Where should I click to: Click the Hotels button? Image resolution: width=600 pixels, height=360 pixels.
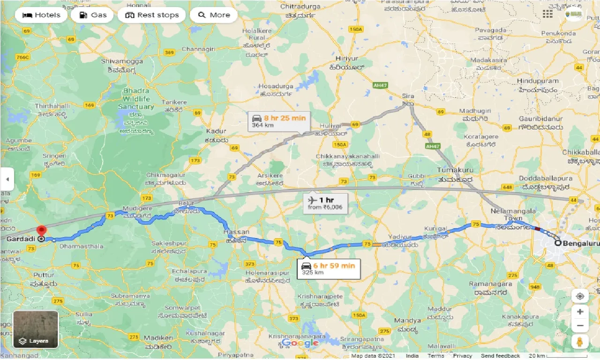[41, 15]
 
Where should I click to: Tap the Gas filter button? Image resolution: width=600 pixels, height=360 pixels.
[94, 15]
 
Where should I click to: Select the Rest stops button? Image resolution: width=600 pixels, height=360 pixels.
[151, 15]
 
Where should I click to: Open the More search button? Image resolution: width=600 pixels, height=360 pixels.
[214, 15]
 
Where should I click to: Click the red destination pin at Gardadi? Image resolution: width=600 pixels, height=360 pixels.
[42, 232]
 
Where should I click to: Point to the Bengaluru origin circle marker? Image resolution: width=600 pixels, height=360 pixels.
[558, 243]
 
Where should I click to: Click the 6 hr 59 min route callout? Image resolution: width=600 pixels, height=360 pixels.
[329, 269]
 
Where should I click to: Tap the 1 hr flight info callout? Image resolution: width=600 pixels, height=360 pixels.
[325, 203]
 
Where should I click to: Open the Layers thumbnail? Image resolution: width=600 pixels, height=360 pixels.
[36, 329]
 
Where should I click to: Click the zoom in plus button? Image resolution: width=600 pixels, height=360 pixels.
[580, 312]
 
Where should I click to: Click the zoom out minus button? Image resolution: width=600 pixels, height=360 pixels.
[580, 325]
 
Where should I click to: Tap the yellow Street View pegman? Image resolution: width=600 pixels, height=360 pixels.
[580, 341]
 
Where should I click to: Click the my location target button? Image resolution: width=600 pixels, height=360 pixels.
[580, 296]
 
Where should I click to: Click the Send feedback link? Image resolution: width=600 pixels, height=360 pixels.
[500, 356]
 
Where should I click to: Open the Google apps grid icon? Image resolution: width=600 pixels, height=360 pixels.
[547, 14]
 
